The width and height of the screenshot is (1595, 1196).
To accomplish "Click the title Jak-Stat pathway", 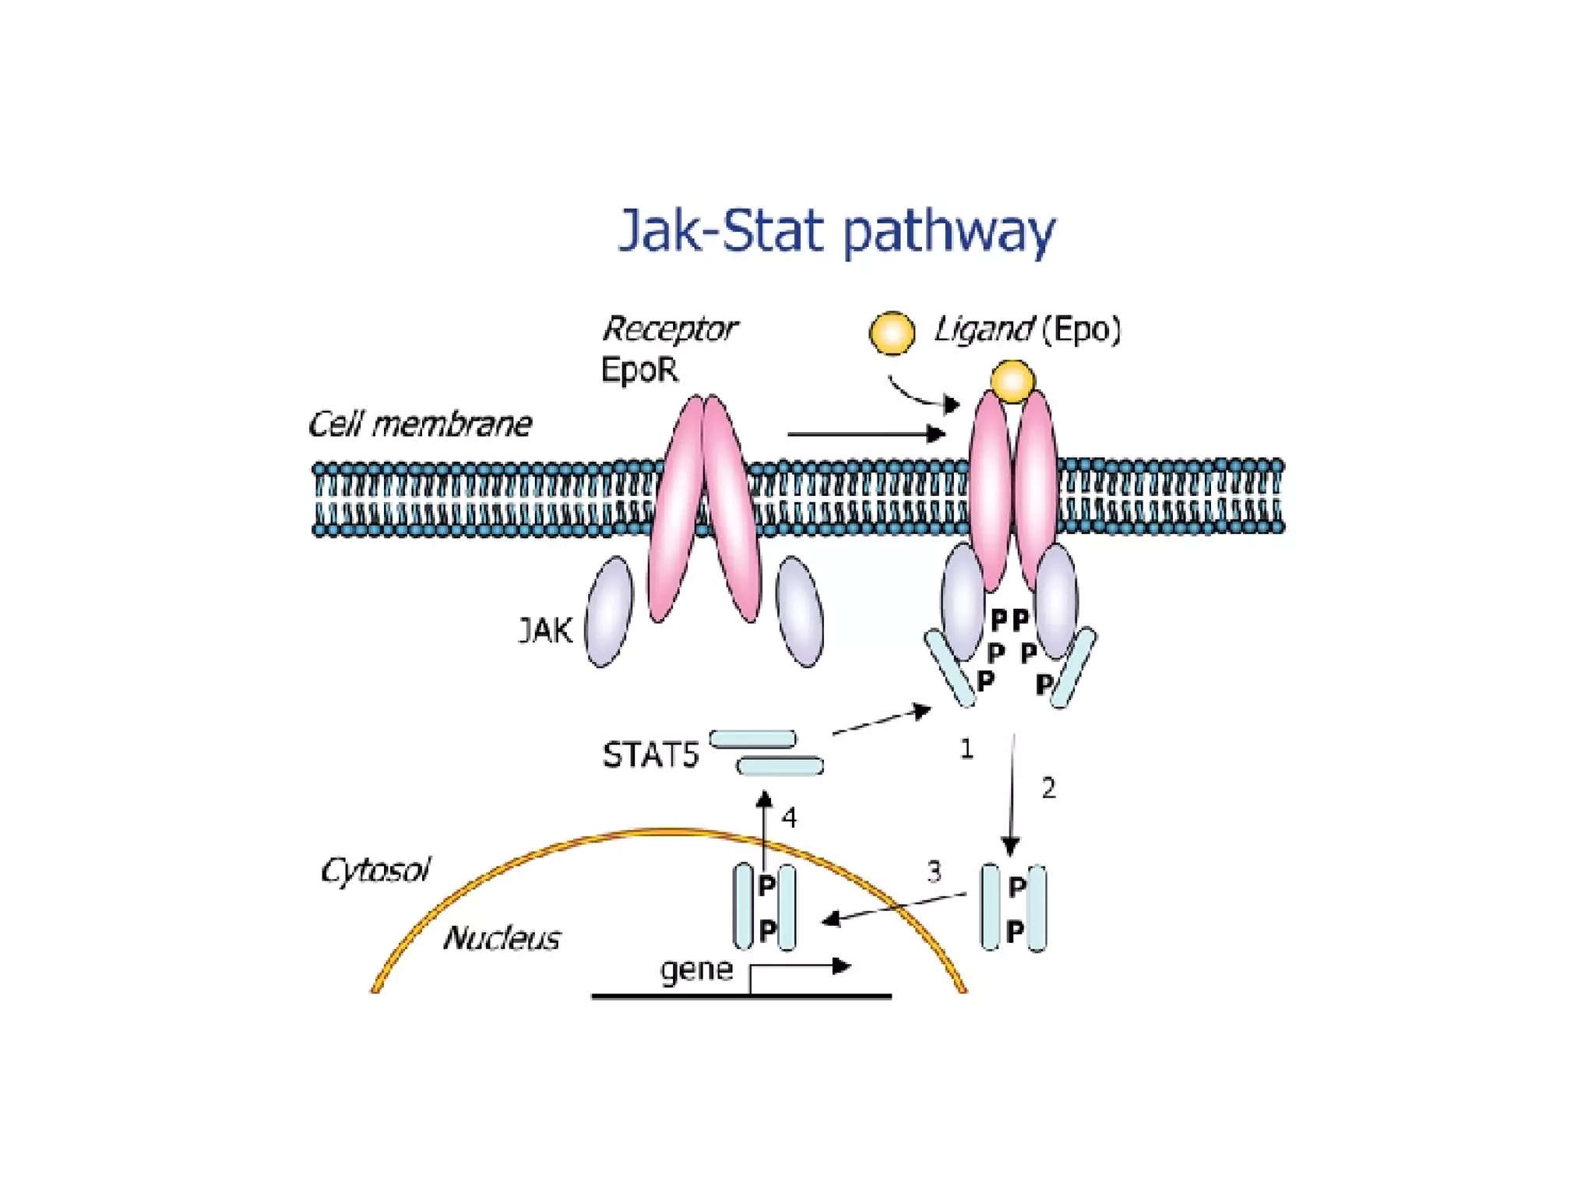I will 836,231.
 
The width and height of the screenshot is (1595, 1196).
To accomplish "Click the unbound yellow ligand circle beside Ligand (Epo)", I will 892,332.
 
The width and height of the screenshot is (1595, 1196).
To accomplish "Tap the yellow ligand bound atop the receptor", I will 1012,382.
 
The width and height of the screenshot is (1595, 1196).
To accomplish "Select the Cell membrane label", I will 420,424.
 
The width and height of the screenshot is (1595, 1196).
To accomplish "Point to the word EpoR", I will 639,370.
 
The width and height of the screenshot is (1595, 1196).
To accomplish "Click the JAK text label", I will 545,630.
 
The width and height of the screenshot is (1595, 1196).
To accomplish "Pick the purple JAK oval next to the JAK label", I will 609,612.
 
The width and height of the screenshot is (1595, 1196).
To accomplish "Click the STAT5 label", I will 650,755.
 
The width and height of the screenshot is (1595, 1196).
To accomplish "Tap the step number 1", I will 967,749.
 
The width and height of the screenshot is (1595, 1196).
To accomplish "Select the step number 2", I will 1049,789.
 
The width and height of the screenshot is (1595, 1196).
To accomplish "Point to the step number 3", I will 934,871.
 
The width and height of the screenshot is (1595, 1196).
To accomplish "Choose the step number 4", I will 789,818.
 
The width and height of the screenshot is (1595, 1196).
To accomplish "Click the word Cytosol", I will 375,870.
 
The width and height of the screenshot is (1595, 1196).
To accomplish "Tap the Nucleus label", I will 502,938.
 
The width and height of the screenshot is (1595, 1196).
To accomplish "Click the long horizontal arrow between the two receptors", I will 864,434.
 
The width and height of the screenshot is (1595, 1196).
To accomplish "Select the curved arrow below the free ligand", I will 919,395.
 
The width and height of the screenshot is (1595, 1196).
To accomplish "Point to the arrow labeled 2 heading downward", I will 1012,794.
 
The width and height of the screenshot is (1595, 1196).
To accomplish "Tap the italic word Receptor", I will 669,329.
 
